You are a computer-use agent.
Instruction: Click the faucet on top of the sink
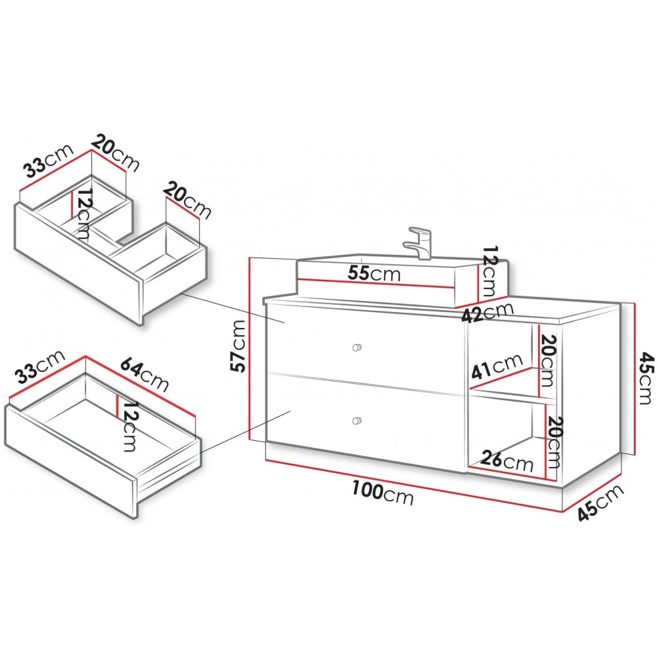click(x=419, y=242)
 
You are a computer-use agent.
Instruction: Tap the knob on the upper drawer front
click(x=357, y=347)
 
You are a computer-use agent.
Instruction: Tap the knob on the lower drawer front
click(x=357, y=420)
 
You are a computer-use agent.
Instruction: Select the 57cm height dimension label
click(x=239, y=346)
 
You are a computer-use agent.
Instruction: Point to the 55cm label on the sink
click(x=374, y=274)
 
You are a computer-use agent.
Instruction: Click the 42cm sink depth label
click(x=487, y=311)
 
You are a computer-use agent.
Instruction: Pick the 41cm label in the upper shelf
click(x=497, y=365)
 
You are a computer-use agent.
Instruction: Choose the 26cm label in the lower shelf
click(x=507, y=461)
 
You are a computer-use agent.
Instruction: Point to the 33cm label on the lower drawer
click(x=41, y=367)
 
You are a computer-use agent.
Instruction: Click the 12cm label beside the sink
click(x=489, y=271)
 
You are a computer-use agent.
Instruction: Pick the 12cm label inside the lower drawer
click(x=131, y=426)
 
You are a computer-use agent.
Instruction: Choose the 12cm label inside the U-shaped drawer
click(x=83, y=214)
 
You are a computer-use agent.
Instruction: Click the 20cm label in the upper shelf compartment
click(x=547, y=361)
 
